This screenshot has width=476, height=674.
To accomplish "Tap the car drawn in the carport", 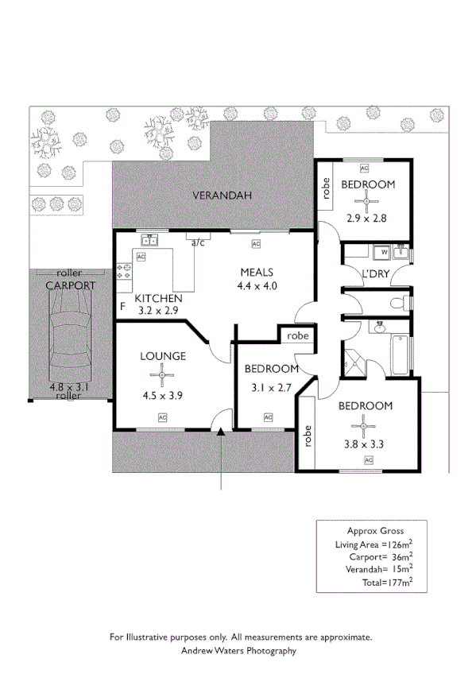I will tap(68, 337).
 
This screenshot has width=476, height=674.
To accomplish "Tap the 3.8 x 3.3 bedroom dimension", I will tap(366, 444).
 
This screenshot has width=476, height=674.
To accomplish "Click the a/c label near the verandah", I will tap(198, 243).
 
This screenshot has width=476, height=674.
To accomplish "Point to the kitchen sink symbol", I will tap(149, 238).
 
